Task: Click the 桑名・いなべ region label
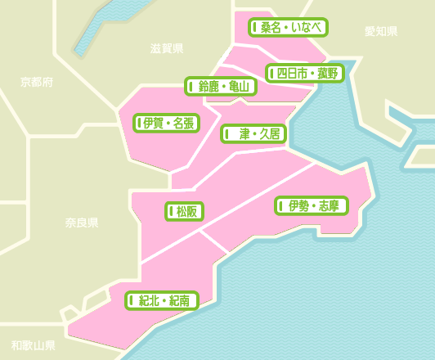coord(288,28)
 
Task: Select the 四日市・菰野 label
coord(305,74)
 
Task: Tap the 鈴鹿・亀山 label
coord(221,87)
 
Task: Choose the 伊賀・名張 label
coord(167,124)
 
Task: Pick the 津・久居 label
coord(253,133)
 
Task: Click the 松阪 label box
coord(185,212)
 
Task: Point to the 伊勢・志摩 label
coord(312,206)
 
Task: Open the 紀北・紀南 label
coord(162,301)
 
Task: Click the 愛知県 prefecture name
coord(381,31)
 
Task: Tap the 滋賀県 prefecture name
coord(167,48)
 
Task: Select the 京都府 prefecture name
coord(37,82)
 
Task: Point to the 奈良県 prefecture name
coord(82,223)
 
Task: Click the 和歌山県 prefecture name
coord(34,345)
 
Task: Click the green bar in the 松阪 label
coord(172,212)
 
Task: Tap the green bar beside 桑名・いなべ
coord(255,28)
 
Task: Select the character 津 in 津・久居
coord(244,133)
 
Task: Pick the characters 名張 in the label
coord(183,124)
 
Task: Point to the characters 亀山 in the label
coord(239,87)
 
